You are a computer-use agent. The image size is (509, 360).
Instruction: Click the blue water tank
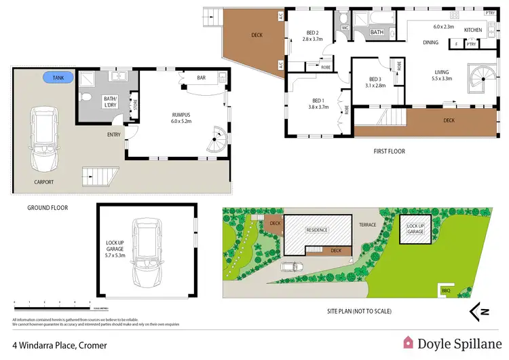pyautogui.click(x=58, y=78)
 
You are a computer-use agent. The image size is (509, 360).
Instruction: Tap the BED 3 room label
pyautogui.click(x=376, y=82)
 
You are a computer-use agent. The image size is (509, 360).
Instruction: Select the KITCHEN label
pyautogui.click(x=473, y=31)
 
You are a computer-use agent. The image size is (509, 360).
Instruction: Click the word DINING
pyautogui.click(x=430, y=43)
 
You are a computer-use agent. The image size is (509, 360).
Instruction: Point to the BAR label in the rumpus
pyautogui.click(x=201, y=78)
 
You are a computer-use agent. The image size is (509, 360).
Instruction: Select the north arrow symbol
pyautogui.click(x=480, y=312)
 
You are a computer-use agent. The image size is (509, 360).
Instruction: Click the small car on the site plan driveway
pyautogui.click(x=290, y=266)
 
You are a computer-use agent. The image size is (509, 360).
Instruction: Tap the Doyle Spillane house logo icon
pyautogui.click(x=409, y=342)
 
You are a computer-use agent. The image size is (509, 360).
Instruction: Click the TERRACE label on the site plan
pyautogui.click(x=367, y=223)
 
